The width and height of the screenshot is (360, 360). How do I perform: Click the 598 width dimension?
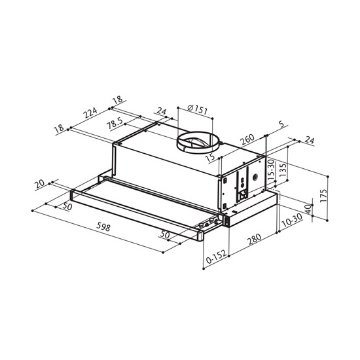point(103,227)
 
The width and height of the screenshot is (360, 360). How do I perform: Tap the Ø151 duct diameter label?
point(197,109)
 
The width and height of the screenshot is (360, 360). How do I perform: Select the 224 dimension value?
point(90,113)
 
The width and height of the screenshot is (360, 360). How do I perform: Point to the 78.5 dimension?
point(115,124)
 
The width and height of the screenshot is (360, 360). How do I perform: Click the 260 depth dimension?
point(247,139)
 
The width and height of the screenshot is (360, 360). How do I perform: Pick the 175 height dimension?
point(323,196)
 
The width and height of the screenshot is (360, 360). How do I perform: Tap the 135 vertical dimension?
point(283,170)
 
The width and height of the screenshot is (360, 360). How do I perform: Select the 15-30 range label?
point(271,170)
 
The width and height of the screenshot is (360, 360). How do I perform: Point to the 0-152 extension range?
point(216,256)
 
